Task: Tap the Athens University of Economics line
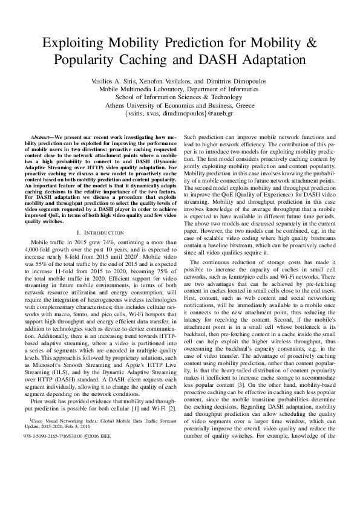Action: pyautogui.click(x=179, y=105)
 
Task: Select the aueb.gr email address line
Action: pyautogui.click(x=179, y=113)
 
